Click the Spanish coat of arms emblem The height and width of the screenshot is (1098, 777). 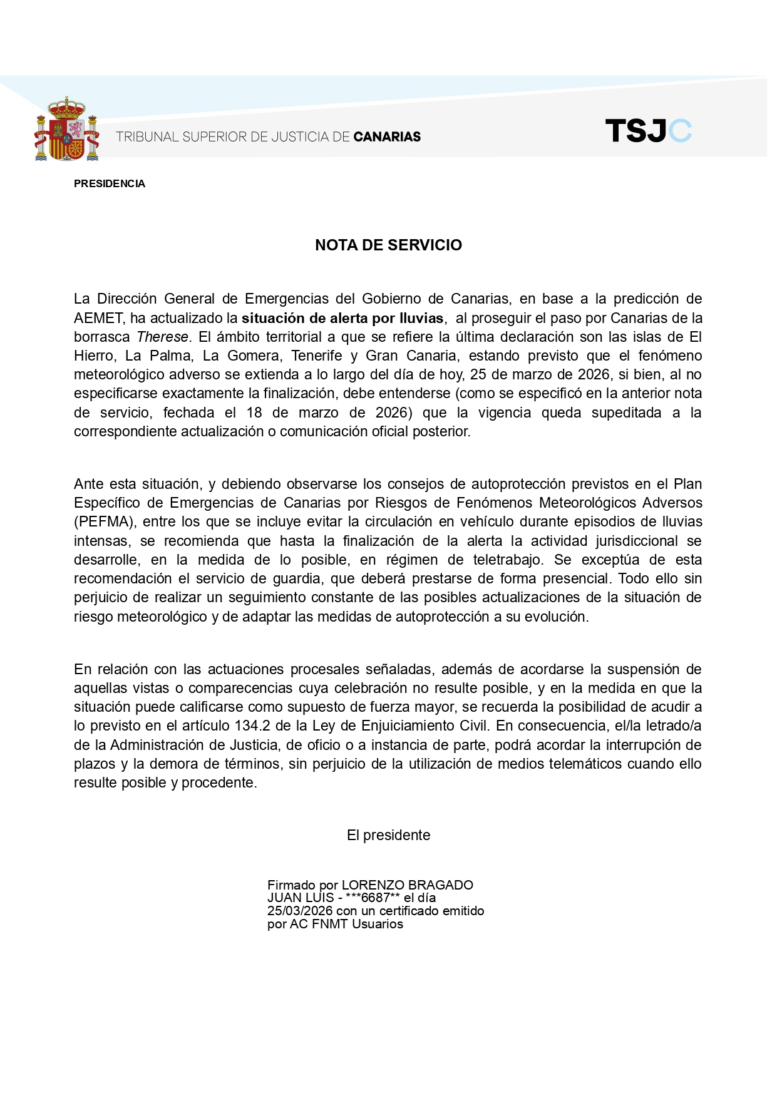click(x=66, y=130)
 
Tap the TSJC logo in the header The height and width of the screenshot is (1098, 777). click(x=648, y=131)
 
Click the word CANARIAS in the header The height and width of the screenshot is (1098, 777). click(x=387, y=136)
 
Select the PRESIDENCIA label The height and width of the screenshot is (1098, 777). click(x=110, y=183)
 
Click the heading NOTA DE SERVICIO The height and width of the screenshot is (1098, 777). click(x=388, y=245)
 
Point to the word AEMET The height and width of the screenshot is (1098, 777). click(x=98, y=318)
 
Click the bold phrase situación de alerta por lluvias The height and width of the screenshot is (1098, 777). click(x=342, y=318)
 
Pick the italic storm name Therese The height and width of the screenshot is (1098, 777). click(x=162, y=337)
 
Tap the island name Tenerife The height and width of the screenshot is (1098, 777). click(x=317, y=356)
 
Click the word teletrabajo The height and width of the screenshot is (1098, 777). click(x=498, y=560)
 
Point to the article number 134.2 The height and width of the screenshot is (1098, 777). click(x=252, y=726)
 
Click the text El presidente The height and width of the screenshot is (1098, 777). click(x=388, y=835)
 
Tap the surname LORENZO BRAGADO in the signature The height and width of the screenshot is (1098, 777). click(x=407, y=885)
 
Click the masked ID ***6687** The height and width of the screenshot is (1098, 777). click(x=372, y=898)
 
